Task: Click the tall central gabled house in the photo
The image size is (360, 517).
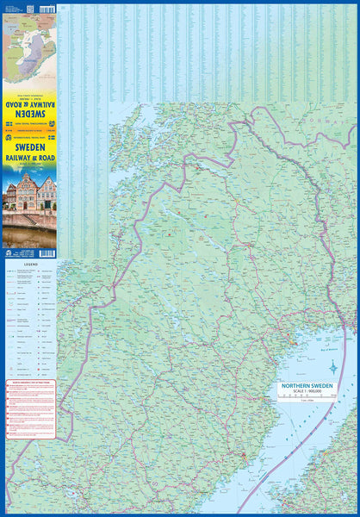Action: [x=27, y=192]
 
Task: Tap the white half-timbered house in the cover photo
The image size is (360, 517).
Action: [x=47, y=193]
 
